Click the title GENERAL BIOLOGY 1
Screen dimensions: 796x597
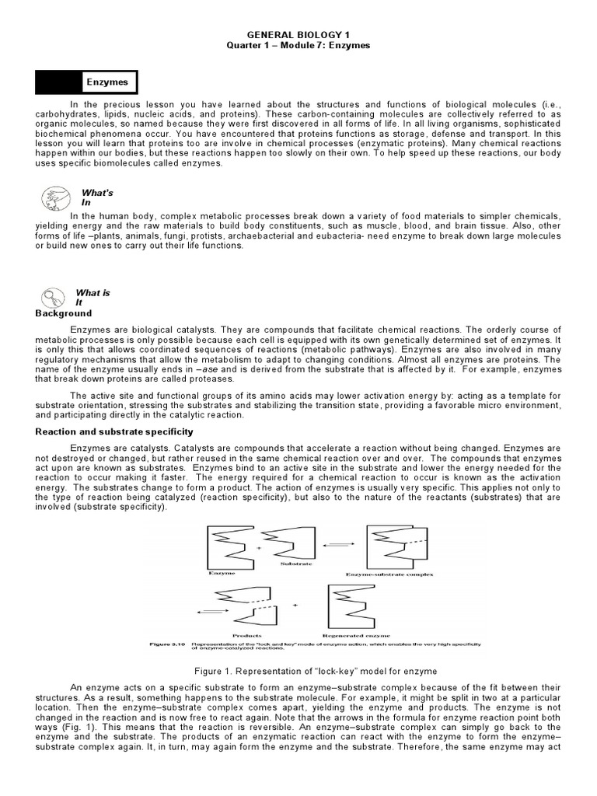coord(298,35)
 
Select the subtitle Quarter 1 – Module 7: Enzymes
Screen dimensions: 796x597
coord(298,46)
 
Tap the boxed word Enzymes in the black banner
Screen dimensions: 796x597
coord(110,82)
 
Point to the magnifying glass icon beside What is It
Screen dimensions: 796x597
coord(52,297)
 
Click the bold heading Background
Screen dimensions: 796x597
coord(64,313)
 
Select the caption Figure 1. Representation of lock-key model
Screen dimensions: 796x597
coord(298,670)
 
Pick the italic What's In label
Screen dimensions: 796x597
coord(92,197)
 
